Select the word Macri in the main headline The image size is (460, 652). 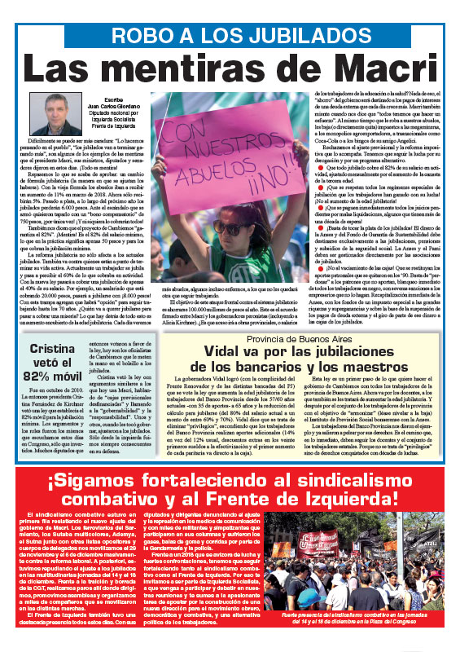[x=366, y=68]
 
